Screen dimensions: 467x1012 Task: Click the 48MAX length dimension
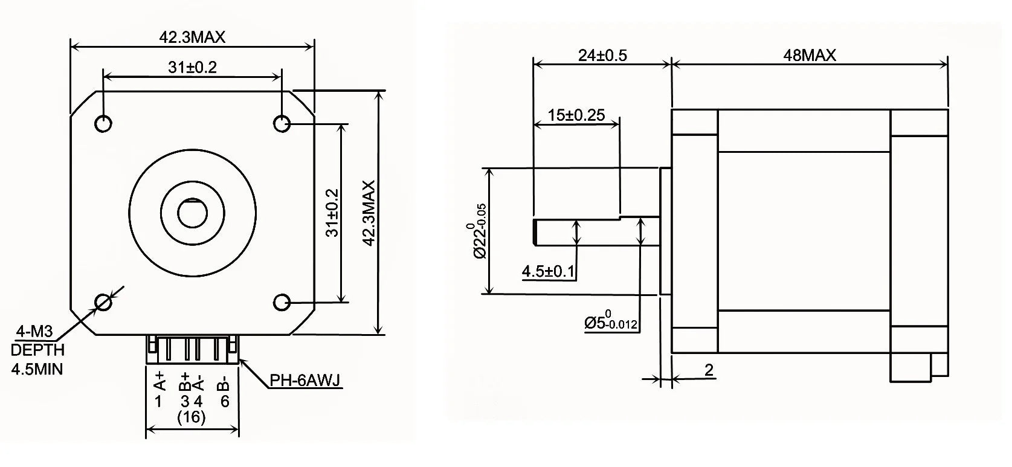809,56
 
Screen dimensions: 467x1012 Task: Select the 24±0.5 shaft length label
602,56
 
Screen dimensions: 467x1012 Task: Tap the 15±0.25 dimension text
576,115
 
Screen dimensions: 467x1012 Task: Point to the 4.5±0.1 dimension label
548,272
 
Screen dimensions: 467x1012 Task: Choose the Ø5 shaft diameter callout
610,322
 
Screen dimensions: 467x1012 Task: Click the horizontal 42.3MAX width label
192,37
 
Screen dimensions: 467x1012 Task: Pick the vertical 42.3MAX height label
369,213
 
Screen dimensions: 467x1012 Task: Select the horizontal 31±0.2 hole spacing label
192,67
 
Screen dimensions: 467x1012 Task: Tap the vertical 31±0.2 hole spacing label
332,213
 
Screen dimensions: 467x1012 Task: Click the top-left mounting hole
103,123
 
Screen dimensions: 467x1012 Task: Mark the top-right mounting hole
282,123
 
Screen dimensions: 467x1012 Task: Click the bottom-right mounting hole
282,301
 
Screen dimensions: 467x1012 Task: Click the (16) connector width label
191,416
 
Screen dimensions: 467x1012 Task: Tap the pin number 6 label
225,401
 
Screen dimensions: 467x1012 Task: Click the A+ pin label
160,382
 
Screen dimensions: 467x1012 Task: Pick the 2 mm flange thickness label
709,370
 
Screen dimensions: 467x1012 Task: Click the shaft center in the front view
192,213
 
